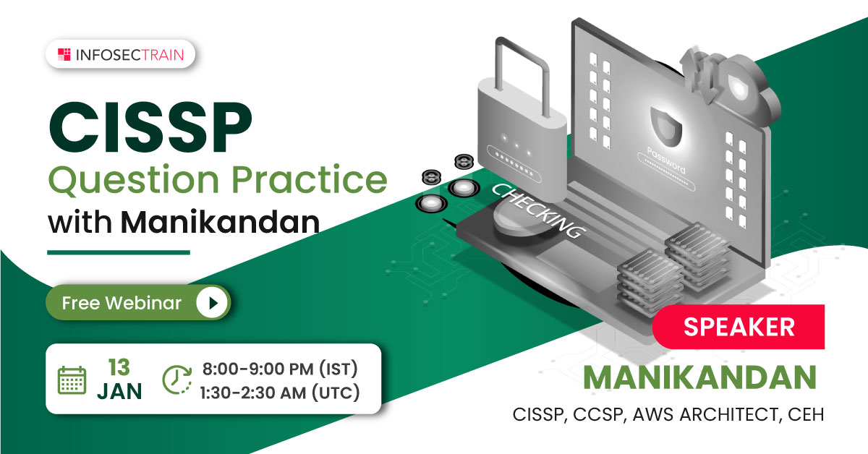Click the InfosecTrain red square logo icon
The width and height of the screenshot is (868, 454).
pyautogui.click(x=64, y=55)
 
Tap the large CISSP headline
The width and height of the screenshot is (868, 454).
pyautogui.click(x=150, y=127)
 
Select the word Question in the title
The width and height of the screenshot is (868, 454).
pyautogui.click(x=134, y=180)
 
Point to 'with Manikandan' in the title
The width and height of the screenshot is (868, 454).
pyautogui.click(x=184, y=222)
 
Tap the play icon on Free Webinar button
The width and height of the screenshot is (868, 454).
pyautogui.click(x=212, y=302)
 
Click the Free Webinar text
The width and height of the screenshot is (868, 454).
pyautogui.click(x=122, y=303)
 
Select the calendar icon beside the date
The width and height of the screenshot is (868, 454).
pyautogui.click(x=72, y=380)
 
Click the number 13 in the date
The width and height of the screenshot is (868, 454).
pyautogui.click(x=119, y=367)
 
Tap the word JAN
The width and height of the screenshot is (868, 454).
pyautogui.click(x=120, y=391)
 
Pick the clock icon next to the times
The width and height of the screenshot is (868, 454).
pyautogui.click(x=177, y=380)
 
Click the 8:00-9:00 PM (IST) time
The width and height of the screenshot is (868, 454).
pyautogui.click(x=280, y=369)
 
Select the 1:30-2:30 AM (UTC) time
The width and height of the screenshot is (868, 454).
pyautogui.click(x=280, y=393)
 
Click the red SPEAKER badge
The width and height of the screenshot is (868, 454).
pyautogui.click(x=739, y=327)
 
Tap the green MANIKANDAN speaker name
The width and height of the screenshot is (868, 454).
pyautogui.click(x=700, y=377)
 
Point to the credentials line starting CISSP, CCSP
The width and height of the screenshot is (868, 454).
pyautogui.click(x=668, y=414)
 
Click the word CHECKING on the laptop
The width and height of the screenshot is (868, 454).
pyautogui.click(x=539, y=210)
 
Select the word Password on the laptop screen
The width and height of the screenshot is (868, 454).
pyautogui.click(x=666, y=160)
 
